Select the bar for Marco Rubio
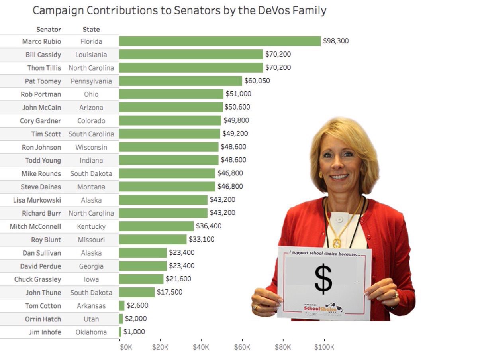[219, 41]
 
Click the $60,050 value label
[257, 81]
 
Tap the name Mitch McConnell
[35, 226]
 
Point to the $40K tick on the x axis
[201, 347]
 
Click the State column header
[91, 29]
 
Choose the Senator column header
[49, 29]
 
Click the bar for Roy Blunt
[153, 240]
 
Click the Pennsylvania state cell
[91, 81]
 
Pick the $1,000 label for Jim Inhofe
[134, 332]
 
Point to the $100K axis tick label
[324, 347]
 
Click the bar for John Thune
[137, 292]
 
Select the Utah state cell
[91, 319]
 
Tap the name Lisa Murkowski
[37, 200]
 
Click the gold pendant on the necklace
[337, 242]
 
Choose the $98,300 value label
[336, 41]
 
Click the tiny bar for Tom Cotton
[121, 306]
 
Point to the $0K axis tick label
[126, 347]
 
